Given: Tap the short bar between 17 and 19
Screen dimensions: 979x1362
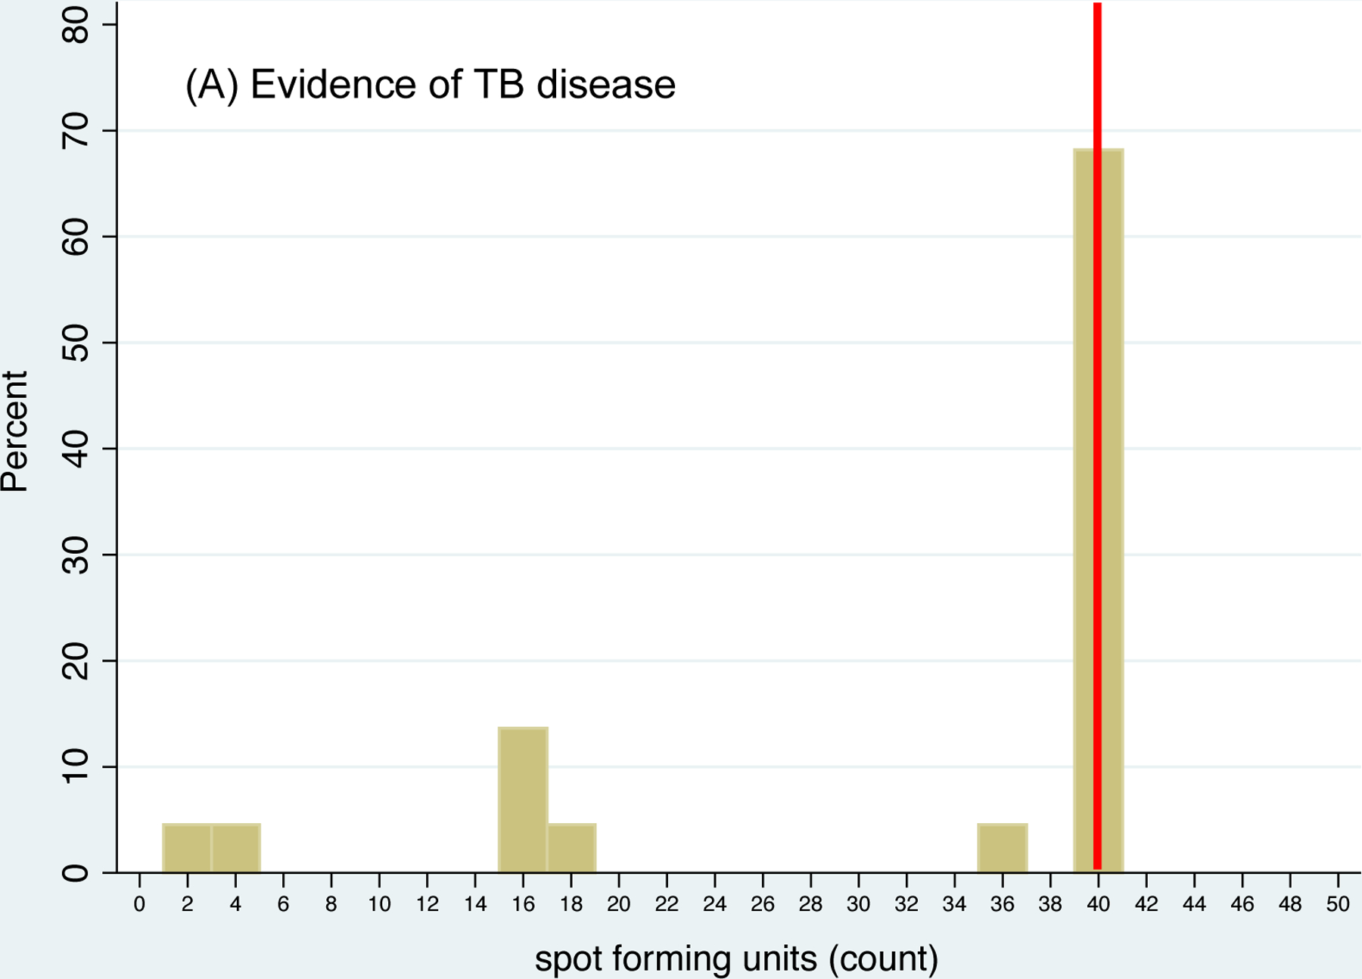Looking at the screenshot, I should [571, 848].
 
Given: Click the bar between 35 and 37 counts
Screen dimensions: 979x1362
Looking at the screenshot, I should [1003, 848].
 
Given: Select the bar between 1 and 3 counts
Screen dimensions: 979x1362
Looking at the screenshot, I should [187, 848].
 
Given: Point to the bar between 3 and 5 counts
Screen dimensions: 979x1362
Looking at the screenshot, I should [235, 848].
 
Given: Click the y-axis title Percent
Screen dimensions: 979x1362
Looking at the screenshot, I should [15, 431].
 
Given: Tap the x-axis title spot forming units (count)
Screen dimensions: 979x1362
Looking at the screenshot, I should [736, 959].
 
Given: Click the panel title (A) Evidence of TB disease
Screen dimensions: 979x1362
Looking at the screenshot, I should [430, 84].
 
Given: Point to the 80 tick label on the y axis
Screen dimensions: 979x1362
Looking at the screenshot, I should [76, 25].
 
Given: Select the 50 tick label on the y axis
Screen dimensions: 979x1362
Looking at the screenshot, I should [76, 343].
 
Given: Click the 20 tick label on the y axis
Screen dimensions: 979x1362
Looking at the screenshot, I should [76, 660].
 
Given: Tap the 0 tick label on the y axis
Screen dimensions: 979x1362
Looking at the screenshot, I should [76, 872].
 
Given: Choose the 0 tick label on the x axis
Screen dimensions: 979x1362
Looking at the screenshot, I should [139, 904].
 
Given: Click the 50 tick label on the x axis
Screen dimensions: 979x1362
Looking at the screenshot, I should [1338, 904].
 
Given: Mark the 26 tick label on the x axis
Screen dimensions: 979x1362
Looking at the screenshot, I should [763, 904].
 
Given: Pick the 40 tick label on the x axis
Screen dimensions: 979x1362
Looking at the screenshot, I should [1098, 904].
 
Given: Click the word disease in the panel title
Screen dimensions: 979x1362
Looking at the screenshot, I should [605, 84].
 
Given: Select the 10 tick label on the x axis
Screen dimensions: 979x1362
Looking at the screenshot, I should [379, 904].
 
